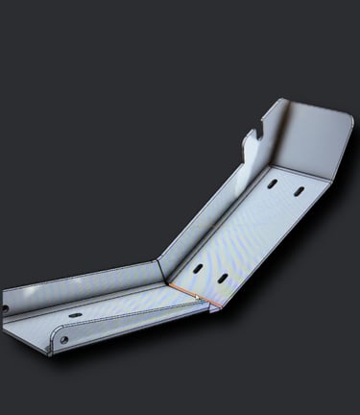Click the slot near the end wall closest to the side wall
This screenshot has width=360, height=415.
pos(273,183)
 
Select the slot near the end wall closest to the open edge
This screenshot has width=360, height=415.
pos(300,195)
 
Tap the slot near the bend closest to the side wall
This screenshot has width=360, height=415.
pos(197,268)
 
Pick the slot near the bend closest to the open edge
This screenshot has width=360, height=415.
pos(222,278)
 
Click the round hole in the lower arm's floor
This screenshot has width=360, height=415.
pos(75,316)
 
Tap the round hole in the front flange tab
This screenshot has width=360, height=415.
pos(64,339)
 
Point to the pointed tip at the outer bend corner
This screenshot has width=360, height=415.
pos(214,308)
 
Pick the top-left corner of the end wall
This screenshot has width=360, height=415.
pos(278,100)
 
